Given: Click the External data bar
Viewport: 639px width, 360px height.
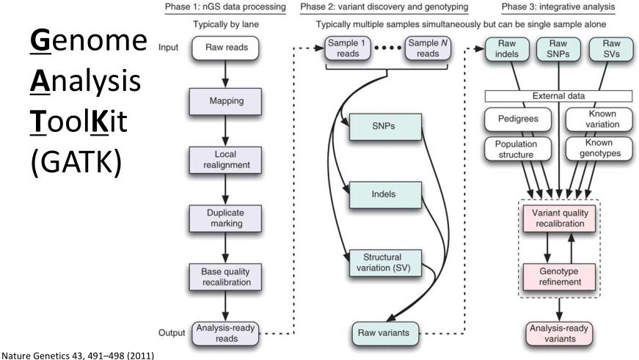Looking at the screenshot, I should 558,96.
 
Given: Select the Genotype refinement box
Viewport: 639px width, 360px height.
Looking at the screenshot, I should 558,275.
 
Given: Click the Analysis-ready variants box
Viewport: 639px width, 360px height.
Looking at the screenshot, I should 558,333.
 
